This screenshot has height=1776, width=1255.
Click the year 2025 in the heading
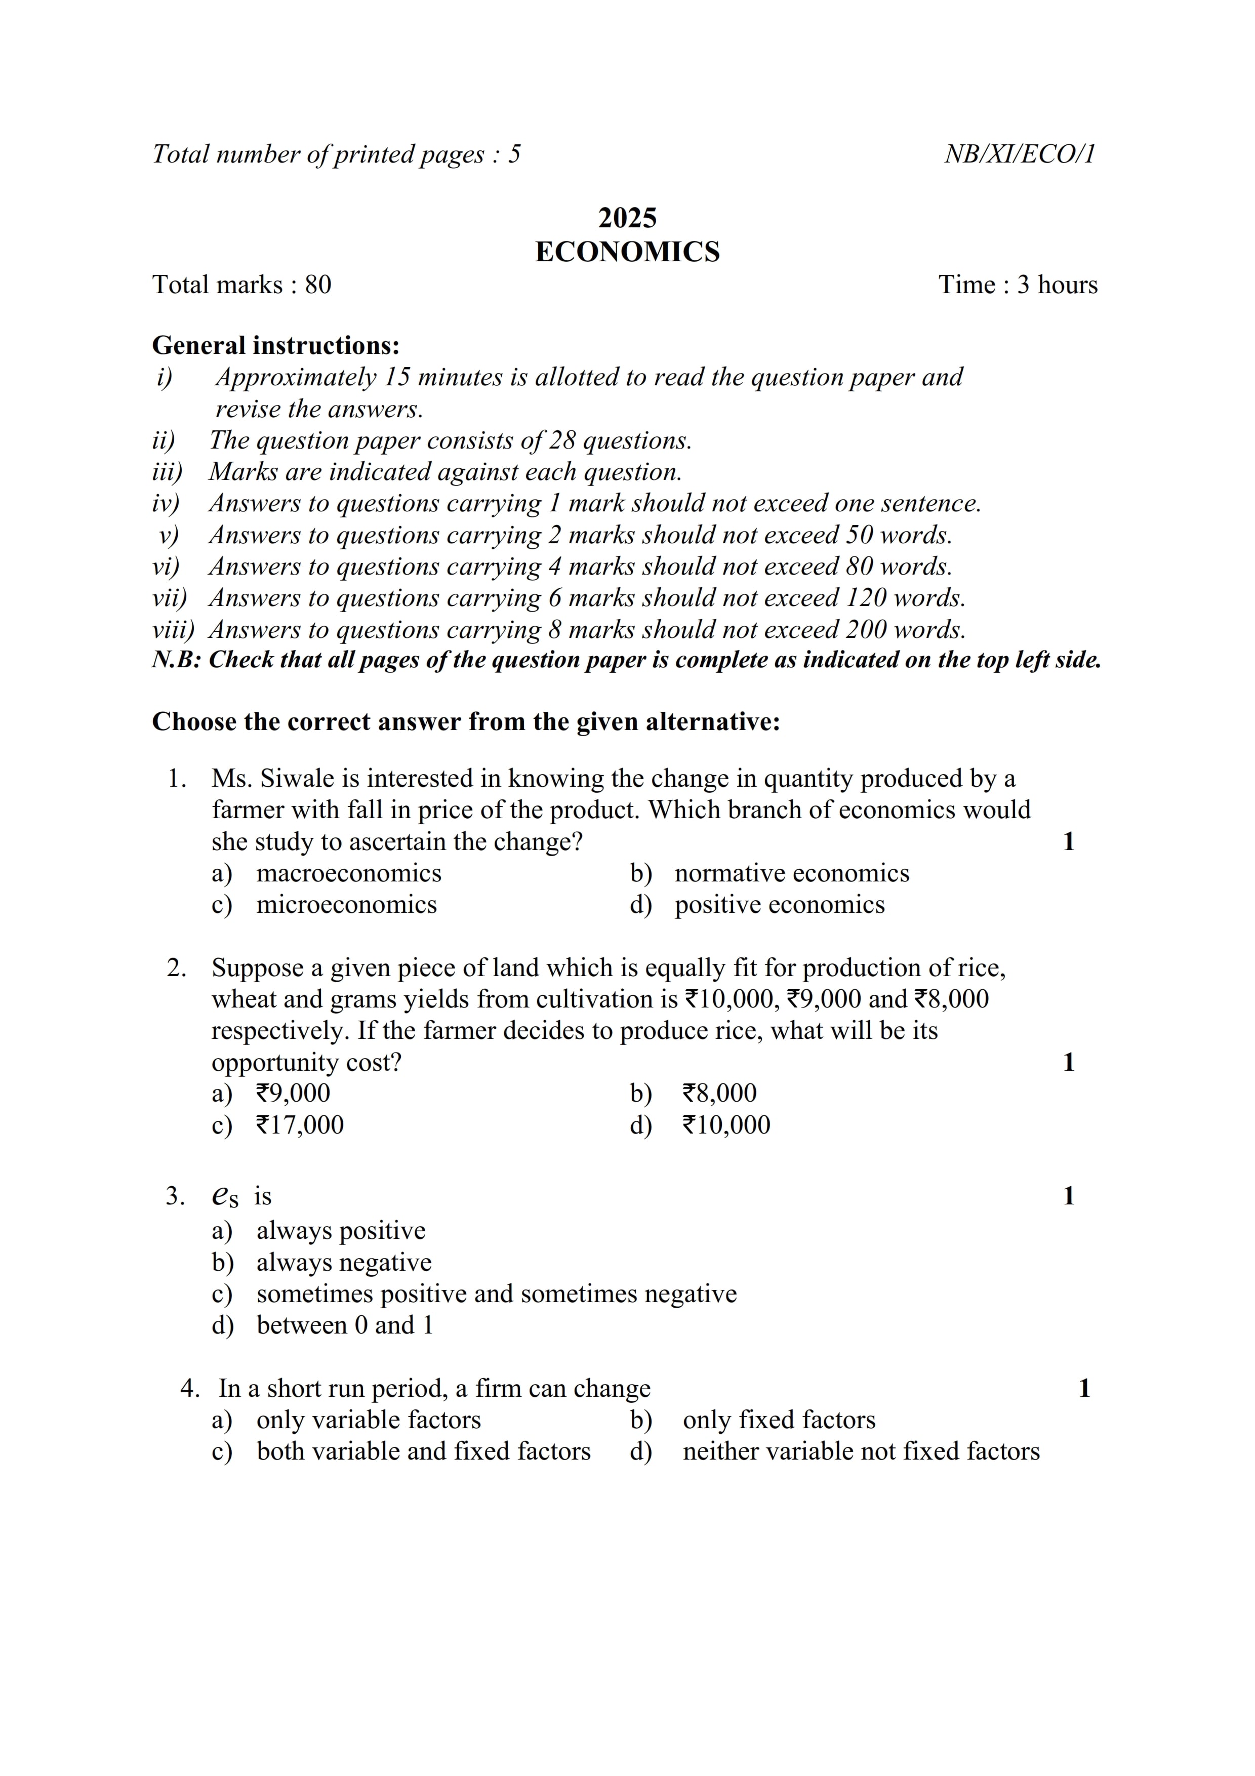627,218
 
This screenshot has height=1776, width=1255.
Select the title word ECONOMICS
627,252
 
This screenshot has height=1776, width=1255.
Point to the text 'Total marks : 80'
241,285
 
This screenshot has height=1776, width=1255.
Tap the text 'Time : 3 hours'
1018,285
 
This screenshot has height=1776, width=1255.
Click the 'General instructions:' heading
276,345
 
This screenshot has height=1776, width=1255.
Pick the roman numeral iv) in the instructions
166,504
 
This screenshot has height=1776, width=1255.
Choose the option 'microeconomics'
346,905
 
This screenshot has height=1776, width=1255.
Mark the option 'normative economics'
792,873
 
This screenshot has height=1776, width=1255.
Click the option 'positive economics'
780,905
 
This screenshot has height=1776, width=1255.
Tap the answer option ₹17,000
300,1125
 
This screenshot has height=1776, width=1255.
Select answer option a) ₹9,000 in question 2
293,1093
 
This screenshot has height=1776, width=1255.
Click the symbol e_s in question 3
224,1197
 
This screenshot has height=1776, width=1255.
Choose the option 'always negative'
344,1262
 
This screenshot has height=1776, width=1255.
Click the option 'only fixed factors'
779,1420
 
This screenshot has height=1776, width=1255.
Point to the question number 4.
189,1389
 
